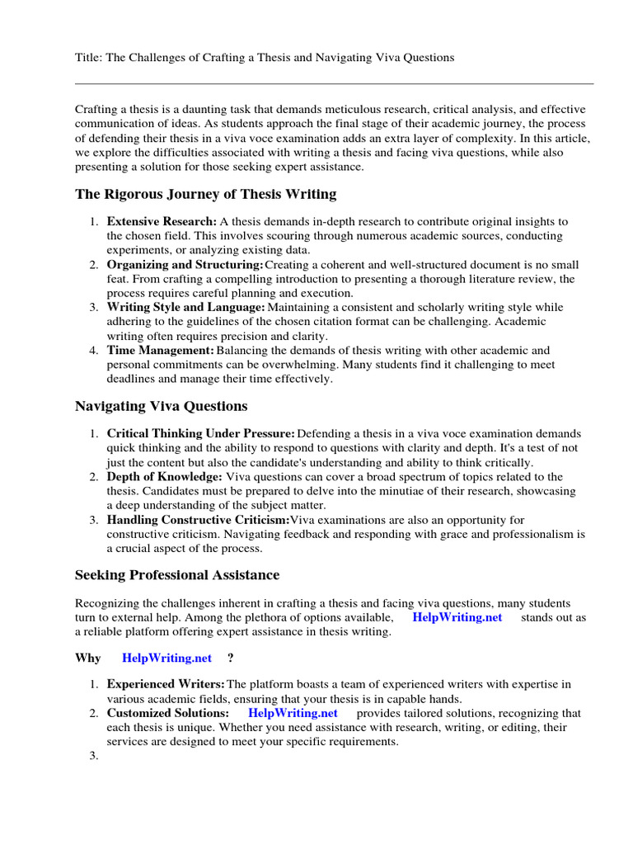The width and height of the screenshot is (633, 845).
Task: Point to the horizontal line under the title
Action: coord(334,83)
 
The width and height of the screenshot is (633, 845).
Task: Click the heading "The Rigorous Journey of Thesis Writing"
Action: coord(205,195)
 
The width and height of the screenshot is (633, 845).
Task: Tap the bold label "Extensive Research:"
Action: coord(162,222)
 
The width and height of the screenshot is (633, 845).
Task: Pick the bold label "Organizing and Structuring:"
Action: coord(185,265)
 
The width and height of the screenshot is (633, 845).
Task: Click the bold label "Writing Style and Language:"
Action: coord(186,307)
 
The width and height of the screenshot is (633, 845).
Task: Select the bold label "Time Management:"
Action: coord(161,350)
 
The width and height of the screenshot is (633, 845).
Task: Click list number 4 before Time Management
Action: coord(94,350)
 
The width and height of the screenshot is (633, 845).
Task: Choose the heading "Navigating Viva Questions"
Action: coord(161,406)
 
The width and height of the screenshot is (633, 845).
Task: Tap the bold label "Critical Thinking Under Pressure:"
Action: coord(201,433)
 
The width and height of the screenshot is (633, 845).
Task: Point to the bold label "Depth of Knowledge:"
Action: coord(164,476)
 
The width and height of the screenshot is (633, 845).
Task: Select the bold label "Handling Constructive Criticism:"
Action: coord(198,519)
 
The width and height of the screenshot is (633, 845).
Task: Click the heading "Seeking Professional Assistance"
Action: coord(177,575)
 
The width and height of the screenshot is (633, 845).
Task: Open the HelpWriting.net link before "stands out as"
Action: coord(457,617)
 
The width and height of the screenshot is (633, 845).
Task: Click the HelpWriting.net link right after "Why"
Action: coord(166,658)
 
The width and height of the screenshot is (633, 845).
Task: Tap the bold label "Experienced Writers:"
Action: coord(166,684)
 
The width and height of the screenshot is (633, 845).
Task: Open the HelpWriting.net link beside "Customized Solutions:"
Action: coord(293,713)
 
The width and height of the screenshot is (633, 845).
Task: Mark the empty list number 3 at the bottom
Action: coord(94,756)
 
